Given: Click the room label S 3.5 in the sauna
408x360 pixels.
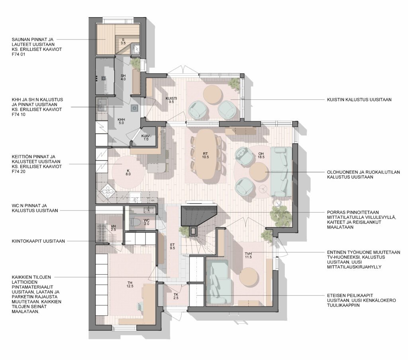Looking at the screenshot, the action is pyautogui.click(x=123, y=41).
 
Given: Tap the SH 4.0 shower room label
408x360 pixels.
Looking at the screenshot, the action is pyautogui.click(x=123, y=77).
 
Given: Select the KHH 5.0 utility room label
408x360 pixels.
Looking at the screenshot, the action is pyautogui.click(x=121, y=121).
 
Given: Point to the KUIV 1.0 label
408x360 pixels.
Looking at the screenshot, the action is pyautogui.click(x=146, y=138).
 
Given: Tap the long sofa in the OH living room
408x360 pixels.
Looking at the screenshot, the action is pyautogui.click(x=281, y=172).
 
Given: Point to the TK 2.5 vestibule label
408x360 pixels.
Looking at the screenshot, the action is pyautogui.click(x=176, y=296).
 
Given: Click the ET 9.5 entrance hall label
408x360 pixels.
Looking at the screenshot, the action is pyautogui.click(x=172, y=246).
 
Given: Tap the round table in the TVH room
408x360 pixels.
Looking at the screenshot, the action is pyautogui.click(x=249, y=277).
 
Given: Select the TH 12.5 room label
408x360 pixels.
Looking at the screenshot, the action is pyautogui.click(x=130, y=284).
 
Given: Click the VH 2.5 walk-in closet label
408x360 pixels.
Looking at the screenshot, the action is pyautogui.click(x=113, y=228).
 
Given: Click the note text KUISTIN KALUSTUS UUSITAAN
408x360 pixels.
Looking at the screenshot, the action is pyautogui.click(x=359, y=100).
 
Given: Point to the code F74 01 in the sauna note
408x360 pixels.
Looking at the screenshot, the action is pyautogui.click(x=18, y=54).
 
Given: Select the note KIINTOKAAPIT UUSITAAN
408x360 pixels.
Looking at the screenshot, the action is pyautogui.click(x=38, y=241).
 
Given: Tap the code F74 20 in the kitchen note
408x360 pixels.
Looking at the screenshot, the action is pyautogui.click(x=18, y=171).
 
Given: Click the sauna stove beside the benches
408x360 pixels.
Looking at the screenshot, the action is pyautogui.click(x=136, y=49).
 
